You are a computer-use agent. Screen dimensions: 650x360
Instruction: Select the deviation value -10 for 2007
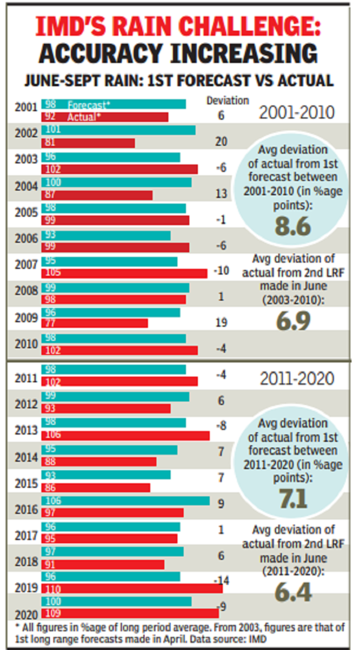click(221, 271)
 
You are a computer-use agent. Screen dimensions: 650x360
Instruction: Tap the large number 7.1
click(293, 498)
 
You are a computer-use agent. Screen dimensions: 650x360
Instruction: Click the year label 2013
click(26, 430)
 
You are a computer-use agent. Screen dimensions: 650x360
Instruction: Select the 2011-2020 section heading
click(297, 379)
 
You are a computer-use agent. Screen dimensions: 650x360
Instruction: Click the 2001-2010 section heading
click(297, 112)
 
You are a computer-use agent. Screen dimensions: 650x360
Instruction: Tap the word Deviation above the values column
click(227, 100)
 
